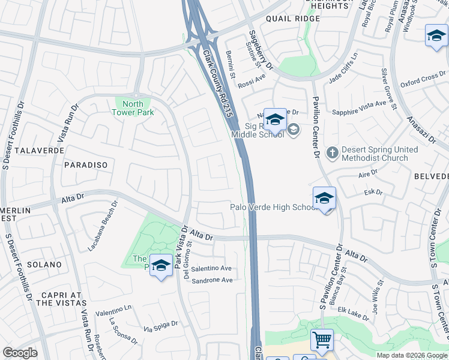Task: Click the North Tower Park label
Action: click(x=134, y=108)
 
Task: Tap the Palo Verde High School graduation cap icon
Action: click(x=324, y=198)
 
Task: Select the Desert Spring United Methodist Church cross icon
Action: click(x=333, y=154)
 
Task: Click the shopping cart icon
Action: click(x=322, y=340)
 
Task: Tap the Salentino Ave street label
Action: click(x=211, y=269)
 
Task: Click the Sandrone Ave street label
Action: click(x=212, y=280)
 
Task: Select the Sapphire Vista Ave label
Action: click(x=359, y=104)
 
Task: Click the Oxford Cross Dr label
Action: click(x=423, y=80)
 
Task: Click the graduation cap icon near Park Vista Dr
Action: click(x=161, y=266)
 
